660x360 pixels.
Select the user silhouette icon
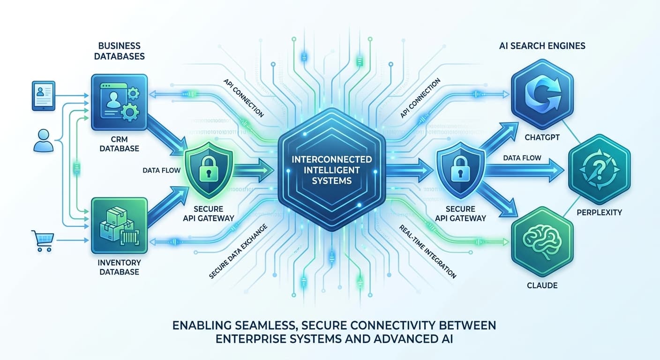pos(44,141)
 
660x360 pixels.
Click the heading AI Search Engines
pos(541,46)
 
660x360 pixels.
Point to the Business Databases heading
pos(120,51)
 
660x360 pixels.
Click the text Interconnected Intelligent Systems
pos(331,170)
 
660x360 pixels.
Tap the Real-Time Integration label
pos(428,251)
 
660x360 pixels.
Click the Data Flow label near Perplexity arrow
pos(522,158)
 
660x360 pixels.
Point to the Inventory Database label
pos(119,267)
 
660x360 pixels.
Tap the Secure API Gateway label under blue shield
pos(461,213)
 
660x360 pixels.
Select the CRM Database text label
pos(120,143)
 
